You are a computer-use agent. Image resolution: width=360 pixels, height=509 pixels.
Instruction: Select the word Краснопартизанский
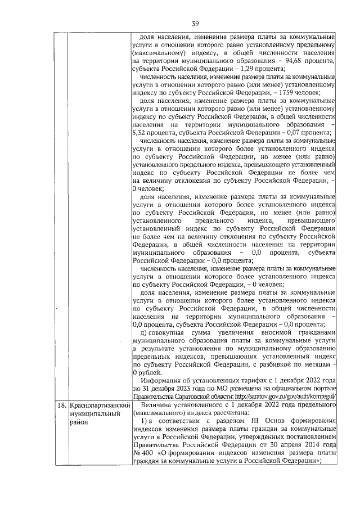tap(100, 406)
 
